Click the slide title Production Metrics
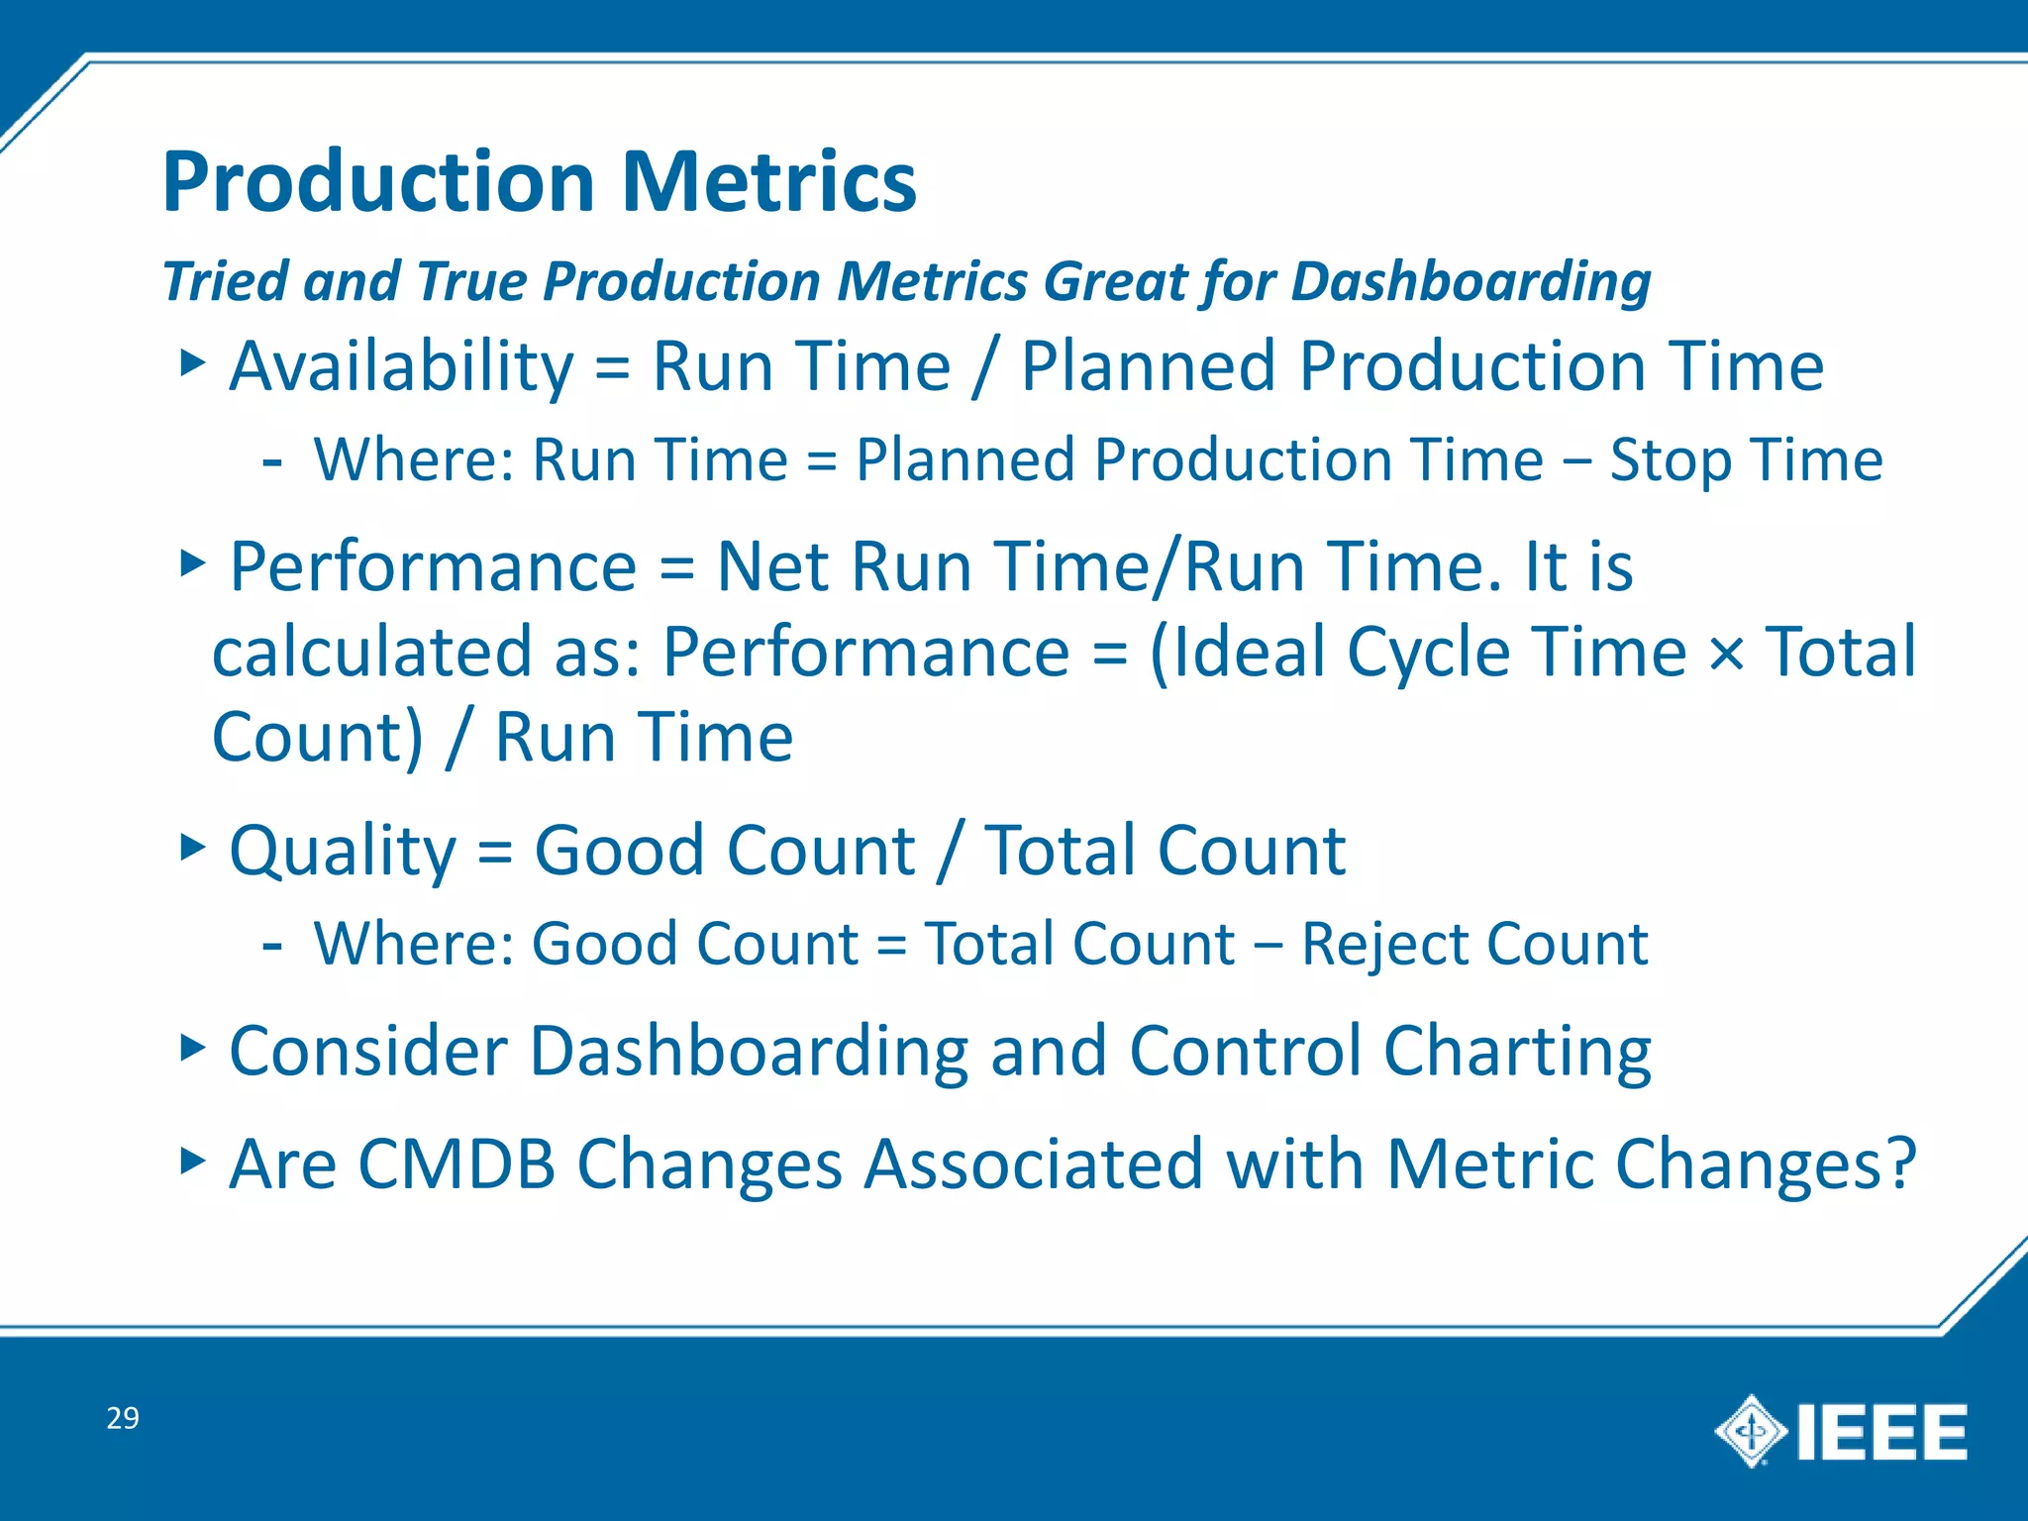540,182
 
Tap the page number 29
123,1418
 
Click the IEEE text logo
1881,1433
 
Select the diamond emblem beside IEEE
1750,1431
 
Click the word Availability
401,367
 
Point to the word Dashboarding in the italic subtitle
1470,281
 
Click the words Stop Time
1746,460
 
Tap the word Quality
342,852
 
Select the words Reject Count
1474,944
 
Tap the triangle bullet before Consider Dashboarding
192,1047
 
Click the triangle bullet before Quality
192,847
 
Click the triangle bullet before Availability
192,362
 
